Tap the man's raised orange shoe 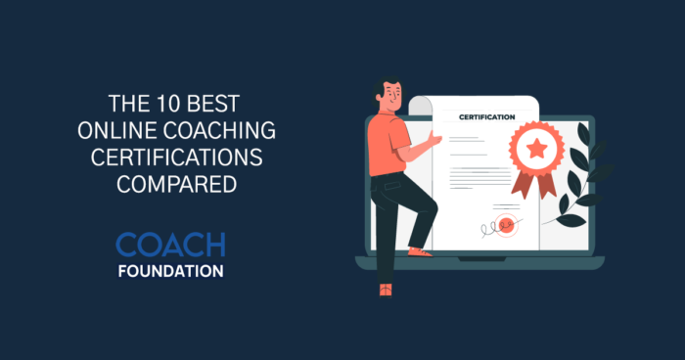(420, 251)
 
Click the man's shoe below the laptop (386, 289)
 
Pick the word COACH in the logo (169, 245)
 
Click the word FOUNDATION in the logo (169, 271)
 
